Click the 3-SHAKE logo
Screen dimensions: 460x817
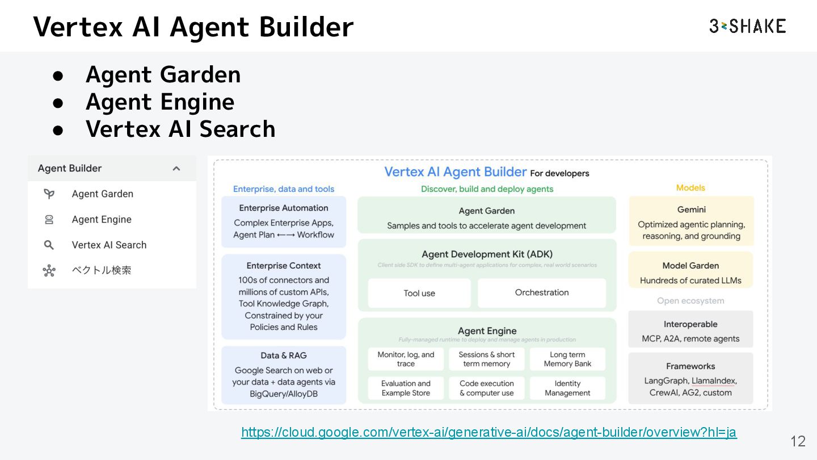[747, 26]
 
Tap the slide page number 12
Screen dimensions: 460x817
[798, 441]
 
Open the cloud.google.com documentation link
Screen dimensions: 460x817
[488, 432]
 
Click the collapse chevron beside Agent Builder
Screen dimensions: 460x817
[176, 169]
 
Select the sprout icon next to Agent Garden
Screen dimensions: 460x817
[49, 194]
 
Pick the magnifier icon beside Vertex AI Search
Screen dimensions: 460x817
[49, 245]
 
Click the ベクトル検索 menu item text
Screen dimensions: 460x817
[102, 270]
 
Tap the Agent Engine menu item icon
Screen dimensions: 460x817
[49, 220]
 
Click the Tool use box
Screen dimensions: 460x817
[419, 293]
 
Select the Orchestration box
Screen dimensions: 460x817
[542, 292]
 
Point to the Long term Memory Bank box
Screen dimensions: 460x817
[567, 359]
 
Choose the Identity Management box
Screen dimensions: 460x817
[567, 388]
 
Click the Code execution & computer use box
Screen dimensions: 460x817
[487, 388]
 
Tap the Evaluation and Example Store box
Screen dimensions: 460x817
[406, 388]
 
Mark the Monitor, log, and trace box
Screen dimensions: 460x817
[406, 359]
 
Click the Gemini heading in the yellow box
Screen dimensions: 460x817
[691, 210]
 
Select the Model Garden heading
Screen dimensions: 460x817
[690, 265]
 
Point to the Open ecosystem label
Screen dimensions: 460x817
[690, 301]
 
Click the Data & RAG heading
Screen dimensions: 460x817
[284, 356]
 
